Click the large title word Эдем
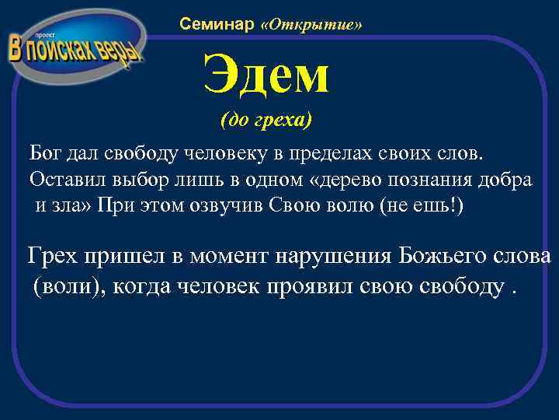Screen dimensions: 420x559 tap(266, 75)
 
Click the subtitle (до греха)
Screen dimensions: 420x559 tap(266, 121)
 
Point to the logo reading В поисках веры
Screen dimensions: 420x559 tap(75, 48)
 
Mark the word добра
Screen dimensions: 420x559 tap(508, 180)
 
